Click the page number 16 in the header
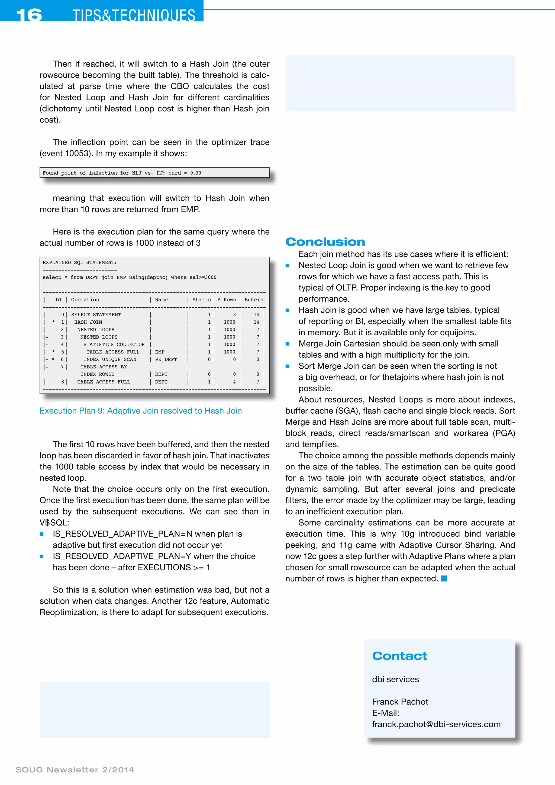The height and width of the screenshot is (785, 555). click(29, 15)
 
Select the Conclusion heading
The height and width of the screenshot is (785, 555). click(325, 242)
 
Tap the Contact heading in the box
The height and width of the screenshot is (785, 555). click(399, 656)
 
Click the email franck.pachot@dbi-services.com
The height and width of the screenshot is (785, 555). click(436, 724)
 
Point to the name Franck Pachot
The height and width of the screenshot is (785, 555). click(400, 702)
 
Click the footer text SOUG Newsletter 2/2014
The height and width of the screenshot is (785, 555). click(75, 770)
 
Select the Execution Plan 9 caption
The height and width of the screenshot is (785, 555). click(140, 411)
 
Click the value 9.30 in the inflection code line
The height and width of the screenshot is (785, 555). click(195, 173)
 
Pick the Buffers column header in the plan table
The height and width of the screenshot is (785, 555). click(254, 300)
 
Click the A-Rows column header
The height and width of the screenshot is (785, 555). click(227, 300)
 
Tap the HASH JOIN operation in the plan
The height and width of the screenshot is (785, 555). click(88, 322)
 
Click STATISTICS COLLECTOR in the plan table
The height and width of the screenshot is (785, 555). click(114, 344)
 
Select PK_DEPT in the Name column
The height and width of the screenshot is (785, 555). click(166, 359)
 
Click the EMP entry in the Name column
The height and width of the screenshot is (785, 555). click(160, 352)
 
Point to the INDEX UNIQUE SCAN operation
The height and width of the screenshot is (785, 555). click(110, 359)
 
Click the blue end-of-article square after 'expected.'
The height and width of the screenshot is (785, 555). click(444, 578)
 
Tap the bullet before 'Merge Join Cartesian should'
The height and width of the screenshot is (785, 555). click(288, 344)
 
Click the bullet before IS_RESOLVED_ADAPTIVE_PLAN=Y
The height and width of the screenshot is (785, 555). click(42, 556)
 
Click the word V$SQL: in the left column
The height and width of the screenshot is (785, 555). click(54, 523)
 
